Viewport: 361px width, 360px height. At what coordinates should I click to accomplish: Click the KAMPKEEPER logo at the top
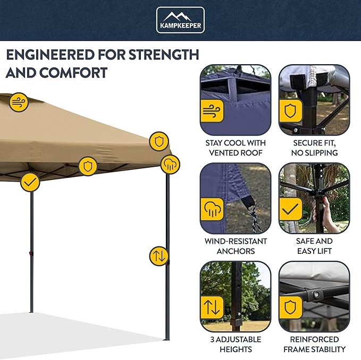pos(180,20)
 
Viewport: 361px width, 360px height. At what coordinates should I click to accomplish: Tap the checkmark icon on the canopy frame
pos(30,182)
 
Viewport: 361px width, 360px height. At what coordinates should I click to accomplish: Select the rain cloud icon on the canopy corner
pos(170,164)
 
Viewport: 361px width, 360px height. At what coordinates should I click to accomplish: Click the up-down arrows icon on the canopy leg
pos(159,256)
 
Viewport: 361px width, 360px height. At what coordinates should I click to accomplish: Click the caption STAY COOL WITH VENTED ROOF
pos(236,148)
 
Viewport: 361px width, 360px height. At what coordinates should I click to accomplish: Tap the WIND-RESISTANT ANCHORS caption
pos(236,246)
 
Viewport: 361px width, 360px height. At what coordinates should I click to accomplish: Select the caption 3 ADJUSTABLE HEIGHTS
pos(236,344)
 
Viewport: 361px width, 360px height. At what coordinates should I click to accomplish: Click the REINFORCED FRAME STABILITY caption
pos(314,344)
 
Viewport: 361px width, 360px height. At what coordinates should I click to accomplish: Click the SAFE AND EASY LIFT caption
pos(314,246)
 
